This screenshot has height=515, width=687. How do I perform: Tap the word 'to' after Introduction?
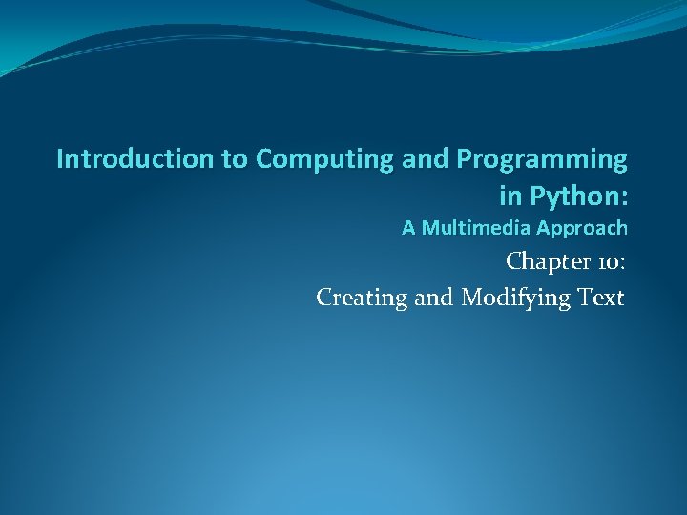click(x=235, y=158)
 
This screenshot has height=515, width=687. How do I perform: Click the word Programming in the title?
click(x=534, y=159)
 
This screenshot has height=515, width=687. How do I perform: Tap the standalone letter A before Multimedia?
click(x=408, y=228)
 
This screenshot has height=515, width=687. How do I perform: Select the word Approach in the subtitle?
click(x=582, y=229)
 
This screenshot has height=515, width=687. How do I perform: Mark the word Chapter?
click(x=548, y=261)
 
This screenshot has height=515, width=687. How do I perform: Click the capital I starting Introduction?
click(x=60, y=158)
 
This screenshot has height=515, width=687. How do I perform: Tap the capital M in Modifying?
click(x=472, y=298)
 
